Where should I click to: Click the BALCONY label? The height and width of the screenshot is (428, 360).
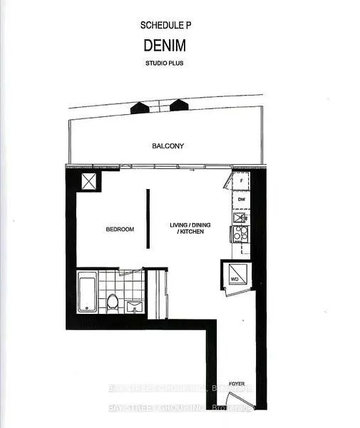168,146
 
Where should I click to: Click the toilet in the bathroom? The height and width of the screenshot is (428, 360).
112,302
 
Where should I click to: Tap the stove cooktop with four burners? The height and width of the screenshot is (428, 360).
240,233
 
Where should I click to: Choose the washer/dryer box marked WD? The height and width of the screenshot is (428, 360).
235,275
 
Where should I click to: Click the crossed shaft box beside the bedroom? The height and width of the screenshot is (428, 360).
90,181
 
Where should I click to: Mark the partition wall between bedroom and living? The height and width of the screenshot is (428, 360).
148,219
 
